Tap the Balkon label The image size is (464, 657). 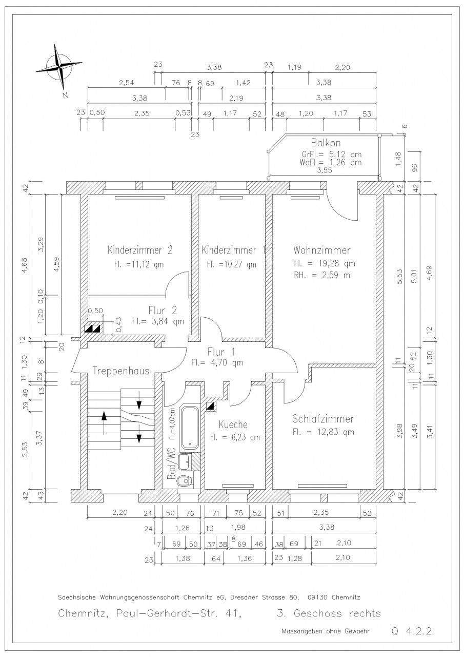coord(326,143)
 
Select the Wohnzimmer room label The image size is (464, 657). coord(322,250)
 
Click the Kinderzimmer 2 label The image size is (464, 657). coord(139,250)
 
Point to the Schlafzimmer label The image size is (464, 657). coord(323,419)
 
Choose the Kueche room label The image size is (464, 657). coord(233,424)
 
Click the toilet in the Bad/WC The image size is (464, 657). coord(184,481)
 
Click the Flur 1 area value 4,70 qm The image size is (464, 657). coord(217,362)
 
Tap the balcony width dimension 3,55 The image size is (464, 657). coord(326,171)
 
